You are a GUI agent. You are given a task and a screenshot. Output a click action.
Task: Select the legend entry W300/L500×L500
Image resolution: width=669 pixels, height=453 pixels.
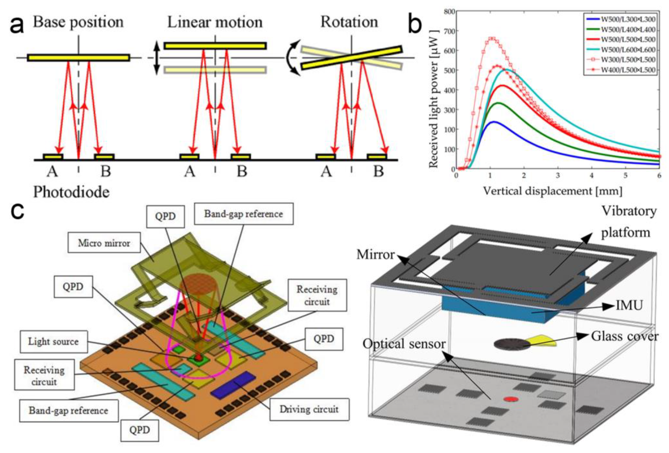click(x=628, y=60)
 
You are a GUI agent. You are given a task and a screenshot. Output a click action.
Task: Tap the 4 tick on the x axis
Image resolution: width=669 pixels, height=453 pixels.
click(x=592, y=175)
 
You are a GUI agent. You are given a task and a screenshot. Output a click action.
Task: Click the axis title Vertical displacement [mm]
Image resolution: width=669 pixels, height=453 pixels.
click(x=552, y=191)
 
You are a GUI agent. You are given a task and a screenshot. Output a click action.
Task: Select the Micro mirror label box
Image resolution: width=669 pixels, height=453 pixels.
click(x=104, y=243)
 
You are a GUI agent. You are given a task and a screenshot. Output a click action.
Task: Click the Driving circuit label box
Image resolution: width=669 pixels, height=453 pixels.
click(x=309, y=409)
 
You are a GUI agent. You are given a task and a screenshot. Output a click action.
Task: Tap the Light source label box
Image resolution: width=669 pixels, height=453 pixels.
click(x=54, y=342)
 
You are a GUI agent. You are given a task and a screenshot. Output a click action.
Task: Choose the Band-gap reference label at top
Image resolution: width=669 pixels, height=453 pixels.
click(x=244, y=214)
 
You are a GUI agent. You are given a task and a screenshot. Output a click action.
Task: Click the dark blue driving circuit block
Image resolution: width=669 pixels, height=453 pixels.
click(x=233, y=385)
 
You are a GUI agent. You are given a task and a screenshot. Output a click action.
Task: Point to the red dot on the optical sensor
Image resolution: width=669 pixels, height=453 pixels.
click(x=511, y=399)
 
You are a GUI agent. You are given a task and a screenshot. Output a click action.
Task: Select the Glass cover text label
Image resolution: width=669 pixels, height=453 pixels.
click(x=625, y=336)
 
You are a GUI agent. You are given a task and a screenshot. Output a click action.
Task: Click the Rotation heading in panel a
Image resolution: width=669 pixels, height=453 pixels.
click(x=349, y=22)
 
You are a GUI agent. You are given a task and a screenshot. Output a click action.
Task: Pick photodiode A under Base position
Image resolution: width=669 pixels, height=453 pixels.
click(x=53, y=156)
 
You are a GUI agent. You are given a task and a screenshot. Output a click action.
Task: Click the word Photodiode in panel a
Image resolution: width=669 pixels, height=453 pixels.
click(x=71, y=192)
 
